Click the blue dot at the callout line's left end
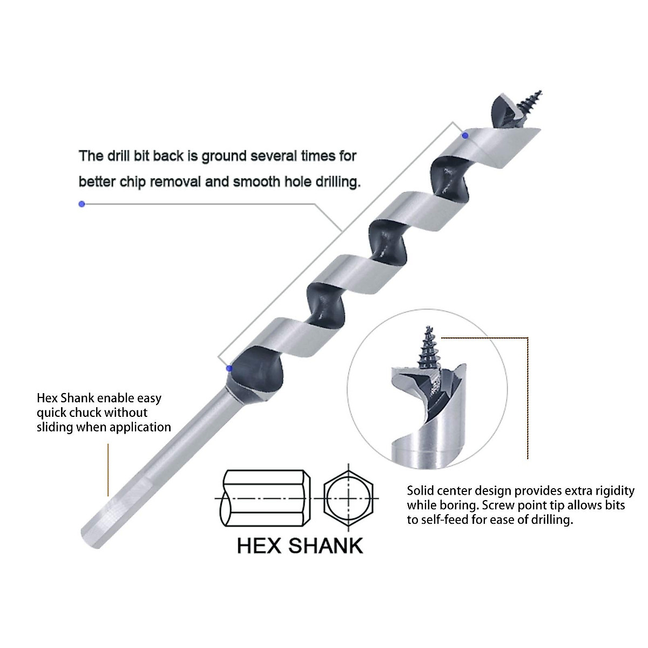82,204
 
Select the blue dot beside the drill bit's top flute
465,135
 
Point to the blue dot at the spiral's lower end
229,368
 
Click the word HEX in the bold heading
259,545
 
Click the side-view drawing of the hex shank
265,497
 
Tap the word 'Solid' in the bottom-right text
421,491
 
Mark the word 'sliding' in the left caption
55,428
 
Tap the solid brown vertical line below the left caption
108,470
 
